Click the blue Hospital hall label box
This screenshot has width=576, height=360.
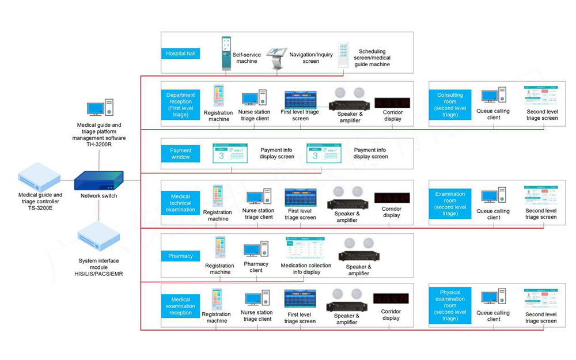(x=180, y=54)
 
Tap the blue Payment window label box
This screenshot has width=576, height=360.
(x=180, y=154)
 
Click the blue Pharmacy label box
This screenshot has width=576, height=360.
(x=180, y=256)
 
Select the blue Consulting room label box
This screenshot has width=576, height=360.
(x=450, y=105)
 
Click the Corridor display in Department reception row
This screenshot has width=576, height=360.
(x=392, y=103)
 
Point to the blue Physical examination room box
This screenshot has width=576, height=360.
(x=450, y=305)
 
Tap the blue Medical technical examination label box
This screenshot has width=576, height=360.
(x=180, y=203)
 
